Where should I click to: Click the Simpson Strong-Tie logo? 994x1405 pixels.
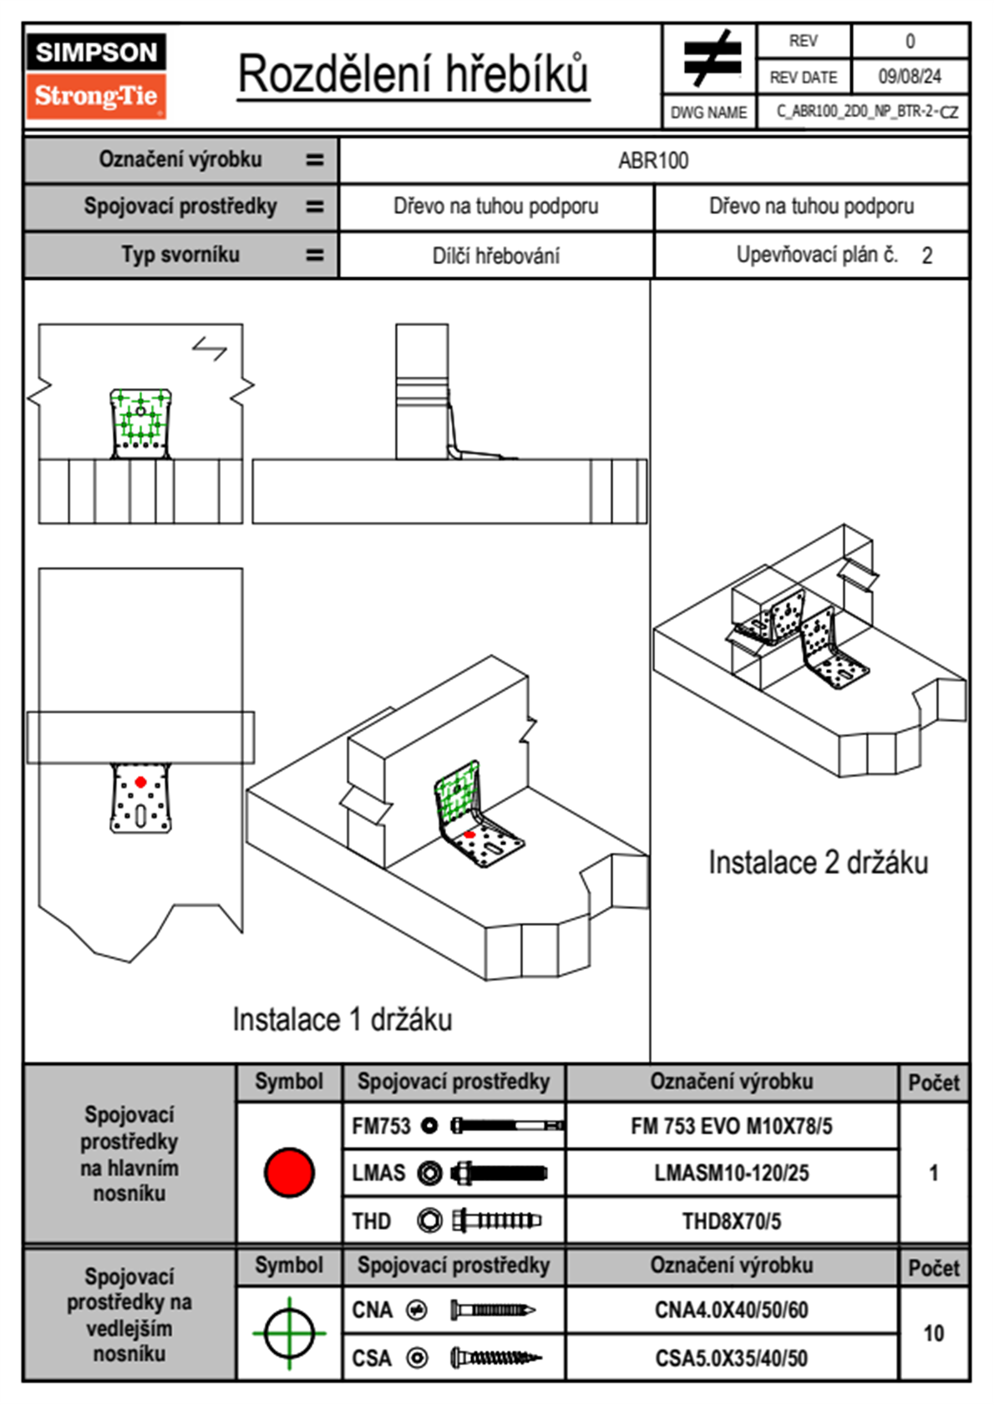point(96,75)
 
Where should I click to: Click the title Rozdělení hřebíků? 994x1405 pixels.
point(413,74)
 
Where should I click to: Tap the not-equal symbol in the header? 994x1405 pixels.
point(711,58)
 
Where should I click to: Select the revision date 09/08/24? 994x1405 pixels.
point(909,77)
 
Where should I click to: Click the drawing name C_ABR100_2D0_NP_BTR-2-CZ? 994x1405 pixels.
point(866,112)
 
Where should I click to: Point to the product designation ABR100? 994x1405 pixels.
point(653,161)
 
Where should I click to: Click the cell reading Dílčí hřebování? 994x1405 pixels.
point(495,256)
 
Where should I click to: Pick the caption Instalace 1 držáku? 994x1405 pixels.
point(342,1020)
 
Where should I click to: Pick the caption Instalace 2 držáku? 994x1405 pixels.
point(818,863)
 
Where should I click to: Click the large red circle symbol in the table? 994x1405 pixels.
point(289,1172)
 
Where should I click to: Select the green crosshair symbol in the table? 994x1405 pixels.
point(289,1333)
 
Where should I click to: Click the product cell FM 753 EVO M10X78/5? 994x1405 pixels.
point(731,1127)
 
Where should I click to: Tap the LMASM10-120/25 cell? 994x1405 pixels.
point(731,1174)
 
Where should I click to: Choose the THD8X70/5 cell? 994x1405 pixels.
point(731,1221)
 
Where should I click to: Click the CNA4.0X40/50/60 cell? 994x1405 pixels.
point(731,1310)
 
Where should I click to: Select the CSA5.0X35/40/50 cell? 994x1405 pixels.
point(731,1358)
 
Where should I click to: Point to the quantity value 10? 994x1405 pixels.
point(933,1333)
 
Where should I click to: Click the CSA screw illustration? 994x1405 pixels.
point(494,1358)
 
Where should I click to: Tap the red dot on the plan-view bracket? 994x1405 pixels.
point(140,782)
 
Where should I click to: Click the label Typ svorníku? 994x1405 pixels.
point(180,255)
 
